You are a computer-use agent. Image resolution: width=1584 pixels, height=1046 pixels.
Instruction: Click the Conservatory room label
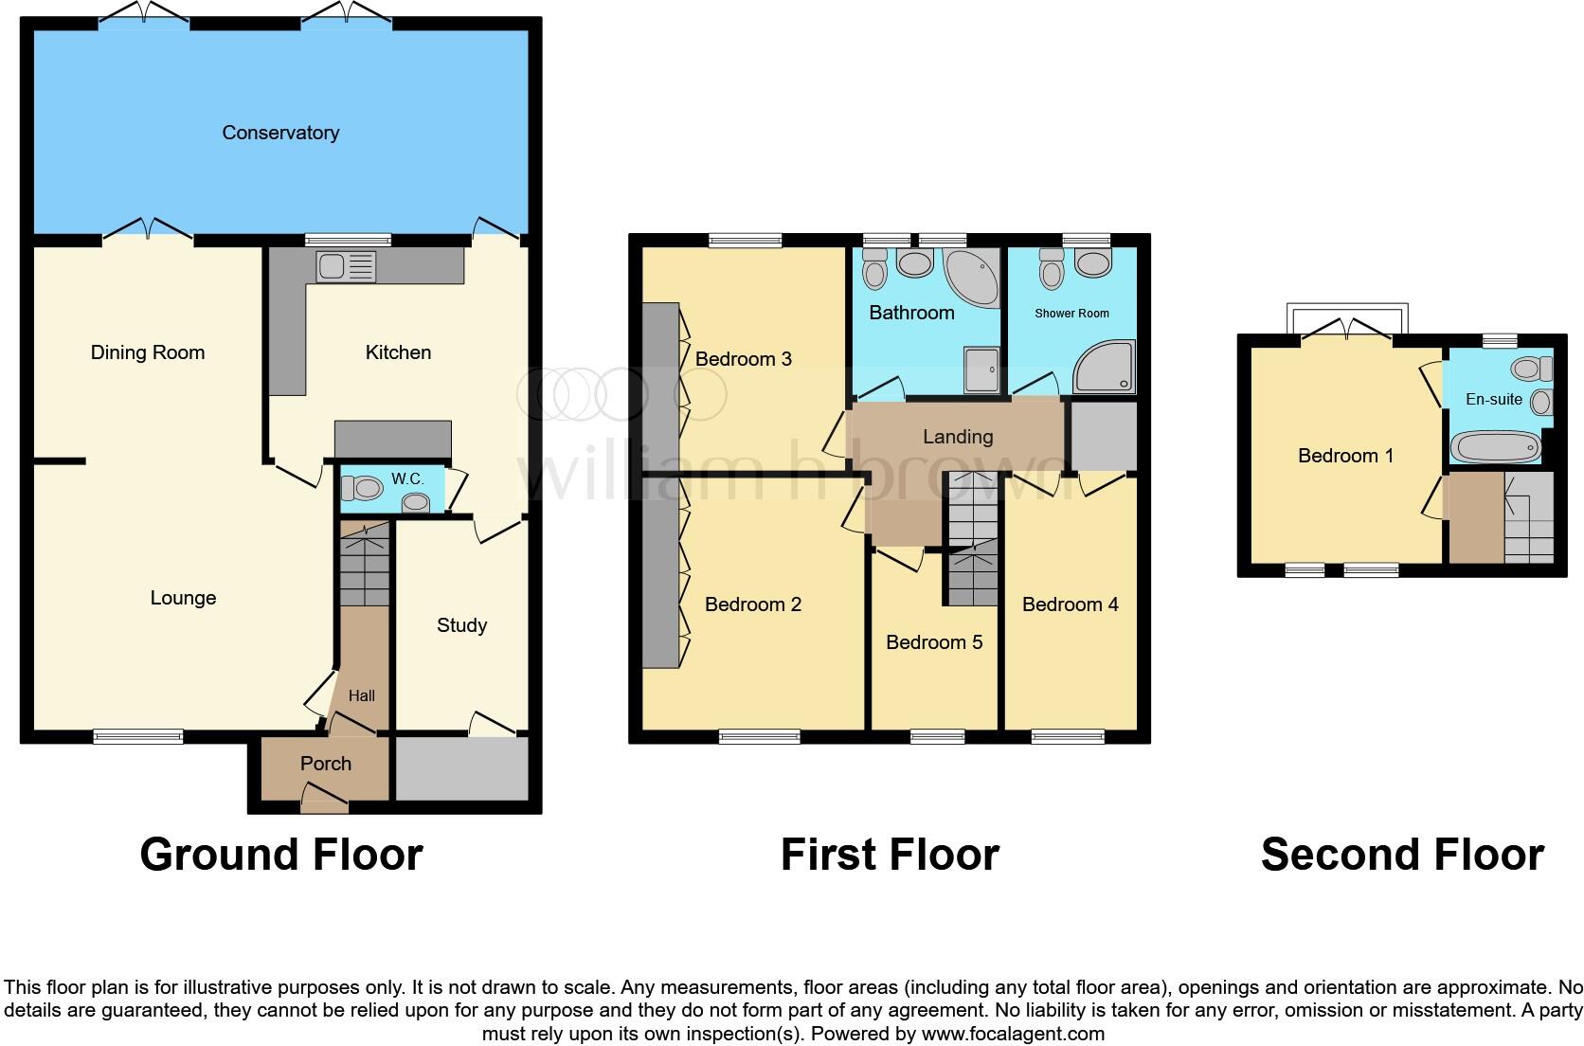point(280,133)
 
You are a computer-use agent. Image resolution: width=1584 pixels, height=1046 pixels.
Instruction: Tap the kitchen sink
point(347,267)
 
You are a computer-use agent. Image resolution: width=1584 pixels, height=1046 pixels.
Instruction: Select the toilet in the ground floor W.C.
point(361,489)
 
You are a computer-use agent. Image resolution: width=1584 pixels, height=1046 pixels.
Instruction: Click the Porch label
point(325,764)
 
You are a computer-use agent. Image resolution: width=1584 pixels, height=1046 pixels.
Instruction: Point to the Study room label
point(461,625)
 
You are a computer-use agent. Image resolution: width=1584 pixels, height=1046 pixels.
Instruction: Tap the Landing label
point(958,437)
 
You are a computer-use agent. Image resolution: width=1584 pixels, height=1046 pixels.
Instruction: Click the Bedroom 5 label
point(933,642)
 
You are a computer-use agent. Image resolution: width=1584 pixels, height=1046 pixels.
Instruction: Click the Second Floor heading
point(1402,855)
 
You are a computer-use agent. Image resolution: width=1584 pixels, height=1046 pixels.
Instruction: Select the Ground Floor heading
point(281,855)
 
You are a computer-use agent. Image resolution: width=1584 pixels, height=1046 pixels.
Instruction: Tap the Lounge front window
point(138,735)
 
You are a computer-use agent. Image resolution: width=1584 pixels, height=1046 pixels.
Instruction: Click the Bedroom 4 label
point(1070,604)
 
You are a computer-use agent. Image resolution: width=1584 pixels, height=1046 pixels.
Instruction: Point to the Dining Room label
point(147,352)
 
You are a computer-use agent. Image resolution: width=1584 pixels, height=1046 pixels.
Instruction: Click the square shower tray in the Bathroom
point(981,370)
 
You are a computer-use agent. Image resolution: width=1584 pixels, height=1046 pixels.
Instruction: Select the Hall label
point(361,695)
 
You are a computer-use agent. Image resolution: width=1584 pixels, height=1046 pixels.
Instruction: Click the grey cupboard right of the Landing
point(1103,436)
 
